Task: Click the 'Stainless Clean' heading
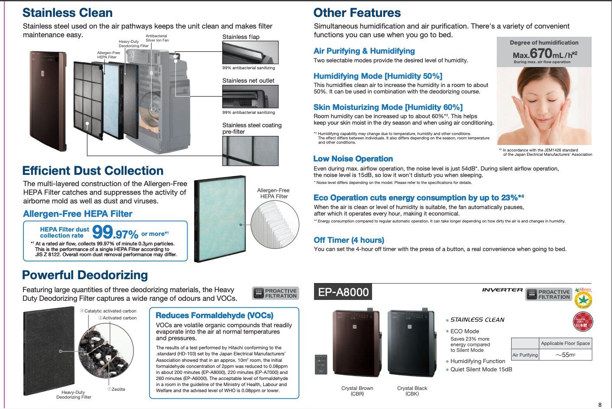pyautogui.click(x=68, y=13)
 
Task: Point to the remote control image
pyautogui.click(x=321, y=364)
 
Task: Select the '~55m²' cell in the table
pyautogui.click(x=565, y=355)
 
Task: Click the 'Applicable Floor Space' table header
pyautogui.click(x=565, y=343)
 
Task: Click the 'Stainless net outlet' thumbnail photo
pyautogui.click(x=250, y=97)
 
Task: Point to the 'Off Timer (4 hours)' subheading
pyautogui.click(x=349, y=240)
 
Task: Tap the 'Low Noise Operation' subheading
pyautogui.click(x=353, y=159)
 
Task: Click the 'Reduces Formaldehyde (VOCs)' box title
pyautogui.click(x=214, y=316)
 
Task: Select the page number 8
pyautogui.click(x=599, y=405)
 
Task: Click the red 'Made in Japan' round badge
pyautogui.click(x=583, y=322)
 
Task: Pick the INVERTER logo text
pyautogui.click(x=502, y=290)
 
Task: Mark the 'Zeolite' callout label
pyautogui.click(x=117, y=389)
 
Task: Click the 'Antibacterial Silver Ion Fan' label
pyautogui.click(x=157, y=38)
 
